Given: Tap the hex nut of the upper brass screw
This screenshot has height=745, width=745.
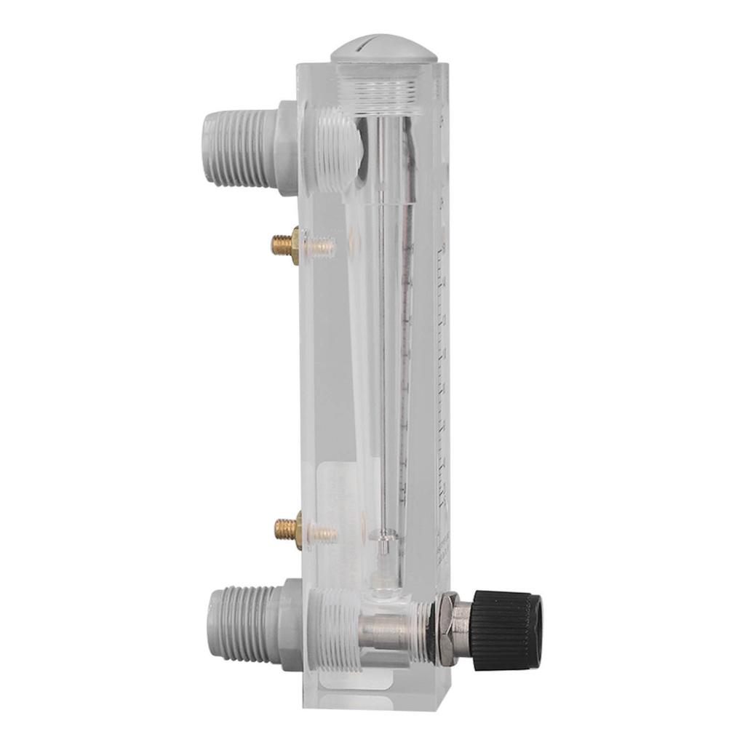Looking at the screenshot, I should pyautogui.click(x=295, y=245).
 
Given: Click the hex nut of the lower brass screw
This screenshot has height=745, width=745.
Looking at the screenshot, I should pyautogui.click(x=298, y=529).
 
